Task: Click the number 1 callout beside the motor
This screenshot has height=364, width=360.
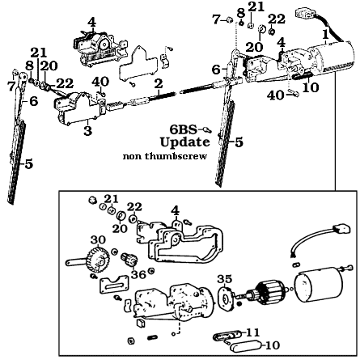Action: [x=325, y=34]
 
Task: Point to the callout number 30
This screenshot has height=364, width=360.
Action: [x=98, y=240]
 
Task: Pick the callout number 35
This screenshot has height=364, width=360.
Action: [x=225, y=278]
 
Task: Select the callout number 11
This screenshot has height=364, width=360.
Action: [x=252, y=332]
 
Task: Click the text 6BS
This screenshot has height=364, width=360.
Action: [x=182, y=129]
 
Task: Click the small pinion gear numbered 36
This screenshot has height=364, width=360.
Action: [x=127, y=260]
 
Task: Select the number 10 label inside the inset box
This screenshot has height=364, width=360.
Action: [x=273, y=345]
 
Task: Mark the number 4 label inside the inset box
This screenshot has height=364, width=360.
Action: [x=174, y=211]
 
